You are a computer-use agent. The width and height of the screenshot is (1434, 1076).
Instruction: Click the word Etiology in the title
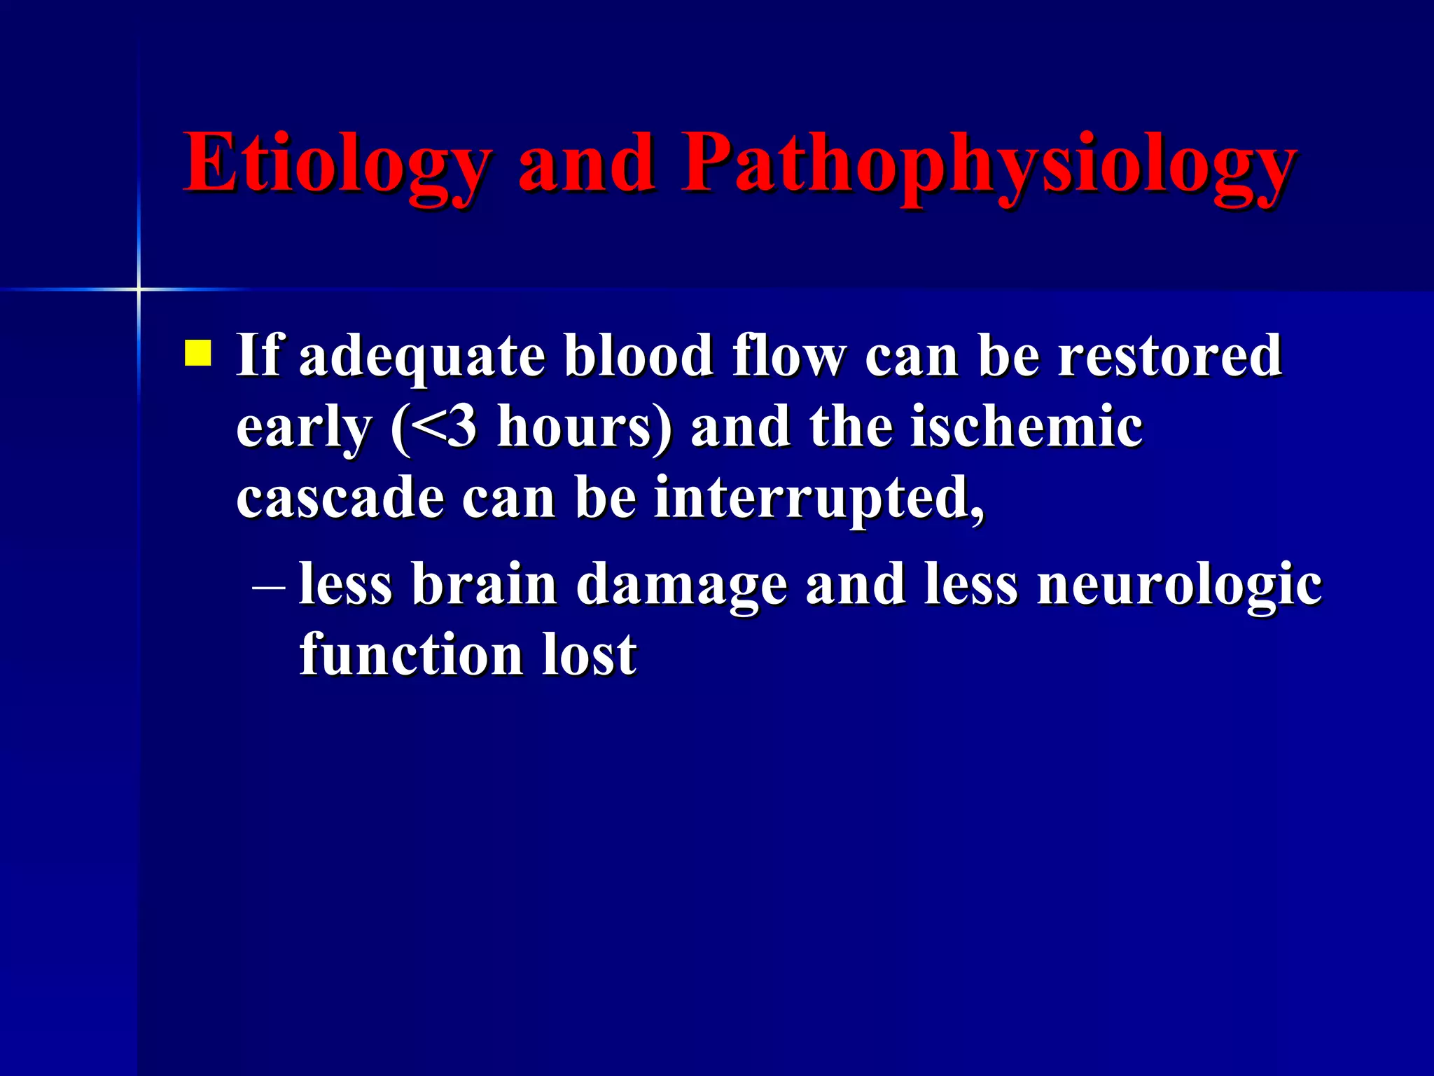click(x=336, y=165)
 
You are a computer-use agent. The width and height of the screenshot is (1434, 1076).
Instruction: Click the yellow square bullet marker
click(x=197, y=353)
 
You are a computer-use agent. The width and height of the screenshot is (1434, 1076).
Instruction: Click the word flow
click(x=788, y=356)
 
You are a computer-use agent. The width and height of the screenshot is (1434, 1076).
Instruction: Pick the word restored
click(x=1169, y=356)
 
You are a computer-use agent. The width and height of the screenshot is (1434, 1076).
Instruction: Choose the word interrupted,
click(x=819, y=500)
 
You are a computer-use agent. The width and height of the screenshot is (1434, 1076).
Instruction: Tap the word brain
click(x=484, y=584)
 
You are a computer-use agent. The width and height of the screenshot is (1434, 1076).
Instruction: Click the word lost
click(x=589, y=654)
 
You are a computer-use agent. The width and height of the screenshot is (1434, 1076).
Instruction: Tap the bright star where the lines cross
click(x=139, y=289)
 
